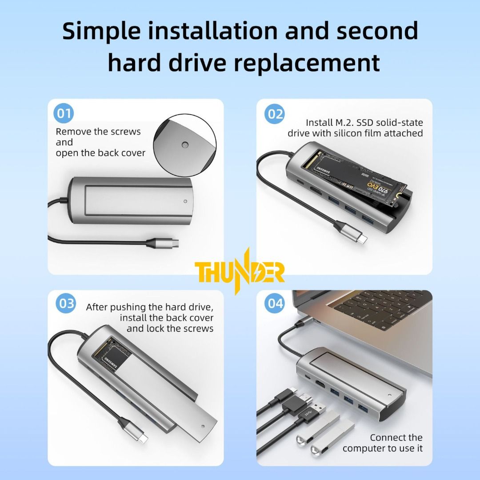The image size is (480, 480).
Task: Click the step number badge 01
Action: [x=64, y=114]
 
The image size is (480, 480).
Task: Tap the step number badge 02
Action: [x=275, y=114]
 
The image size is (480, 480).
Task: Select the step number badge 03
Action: [x=67, y=304]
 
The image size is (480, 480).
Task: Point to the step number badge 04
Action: [x=275, y=304]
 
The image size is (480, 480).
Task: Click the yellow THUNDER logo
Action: [x=240, y=272]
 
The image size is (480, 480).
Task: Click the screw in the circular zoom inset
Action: [x=184, y=145]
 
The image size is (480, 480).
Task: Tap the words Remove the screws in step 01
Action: [x=98, y=132]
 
